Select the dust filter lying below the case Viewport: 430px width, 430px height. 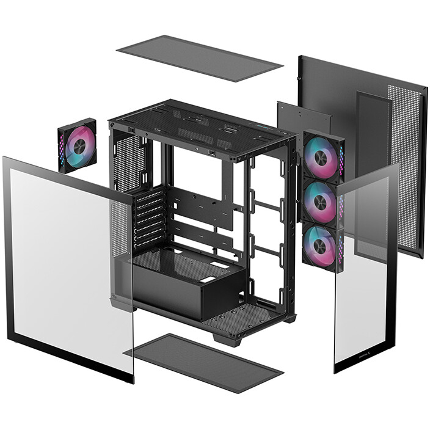tap(204, 362)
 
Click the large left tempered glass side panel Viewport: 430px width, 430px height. tap(67, 263)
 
